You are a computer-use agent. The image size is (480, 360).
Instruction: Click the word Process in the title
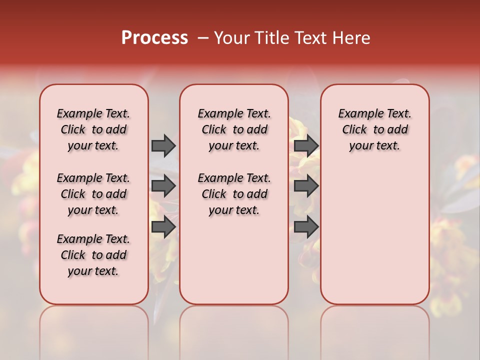coord(154,37)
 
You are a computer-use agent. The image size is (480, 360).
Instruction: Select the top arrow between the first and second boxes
coord(163,145)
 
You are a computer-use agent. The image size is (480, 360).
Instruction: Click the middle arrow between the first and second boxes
coord(163,186)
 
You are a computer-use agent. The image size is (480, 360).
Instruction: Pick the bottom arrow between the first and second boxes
coord(163,226)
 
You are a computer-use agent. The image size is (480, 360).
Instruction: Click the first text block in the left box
coord(93,129)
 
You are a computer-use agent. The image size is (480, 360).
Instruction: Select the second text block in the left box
coord(93,194)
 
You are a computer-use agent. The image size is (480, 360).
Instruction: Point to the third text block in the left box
coord(93,255)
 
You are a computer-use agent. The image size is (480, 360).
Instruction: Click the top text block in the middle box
coord(234,129)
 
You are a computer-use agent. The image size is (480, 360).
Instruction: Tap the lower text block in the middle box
coord(234,194)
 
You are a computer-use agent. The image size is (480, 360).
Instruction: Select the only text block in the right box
coord(374,129)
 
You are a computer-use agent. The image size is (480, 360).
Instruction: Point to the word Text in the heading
coord(313,38)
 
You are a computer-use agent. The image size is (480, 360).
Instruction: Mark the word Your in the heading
coord(230,38)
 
